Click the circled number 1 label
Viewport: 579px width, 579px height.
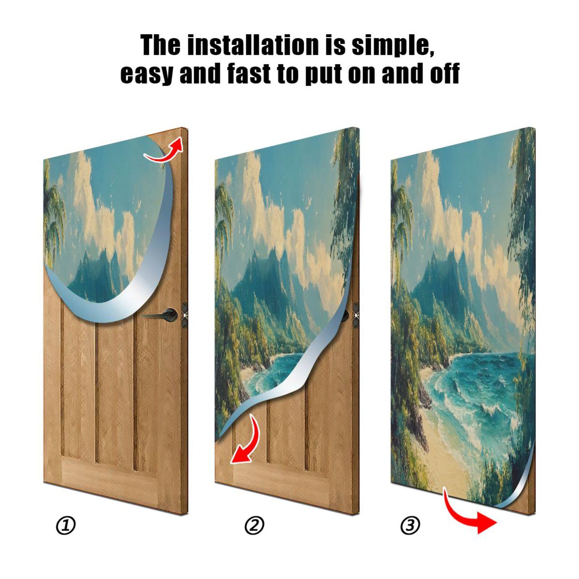[x=66, y=525]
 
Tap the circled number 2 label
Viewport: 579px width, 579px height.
[x=254, y=525]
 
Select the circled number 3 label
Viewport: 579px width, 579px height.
[x=410, y=525]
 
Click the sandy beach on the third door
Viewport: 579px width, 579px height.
[x=445, y=452]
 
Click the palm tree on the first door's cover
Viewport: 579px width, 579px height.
[x=54, y=217]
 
